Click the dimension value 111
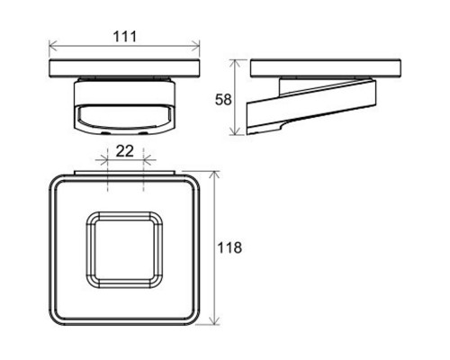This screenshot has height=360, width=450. pos(125,37)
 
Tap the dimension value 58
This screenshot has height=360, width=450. pos(223,100)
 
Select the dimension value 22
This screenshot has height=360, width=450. pos(124,151)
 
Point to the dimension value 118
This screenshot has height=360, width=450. pos(229,248)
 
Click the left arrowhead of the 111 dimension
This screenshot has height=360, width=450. pos(52,47)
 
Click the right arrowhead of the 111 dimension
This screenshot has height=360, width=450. pos(196,47)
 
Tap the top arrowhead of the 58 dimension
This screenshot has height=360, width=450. pos(236,64)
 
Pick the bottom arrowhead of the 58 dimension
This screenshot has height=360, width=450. pos(236,130)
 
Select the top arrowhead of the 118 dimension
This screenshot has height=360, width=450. pos(214,175)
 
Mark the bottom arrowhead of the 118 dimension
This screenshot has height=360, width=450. pos(214,320)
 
